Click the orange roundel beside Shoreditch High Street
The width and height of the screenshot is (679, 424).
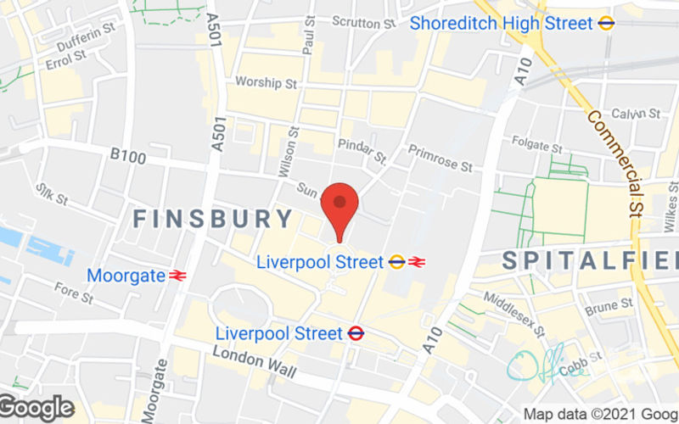point(606,24)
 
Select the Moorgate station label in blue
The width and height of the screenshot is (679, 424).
point(126,276)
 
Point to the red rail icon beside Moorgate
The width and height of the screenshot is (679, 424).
point(177,276)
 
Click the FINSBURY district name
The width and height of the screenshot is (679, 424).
point(214,219)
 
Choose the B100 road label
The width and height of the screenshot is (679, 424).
point(128,157)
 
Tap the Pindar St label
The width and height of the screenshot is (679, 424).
point(362,150)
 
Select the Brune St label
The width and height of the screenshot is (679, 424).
point(609,303)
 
